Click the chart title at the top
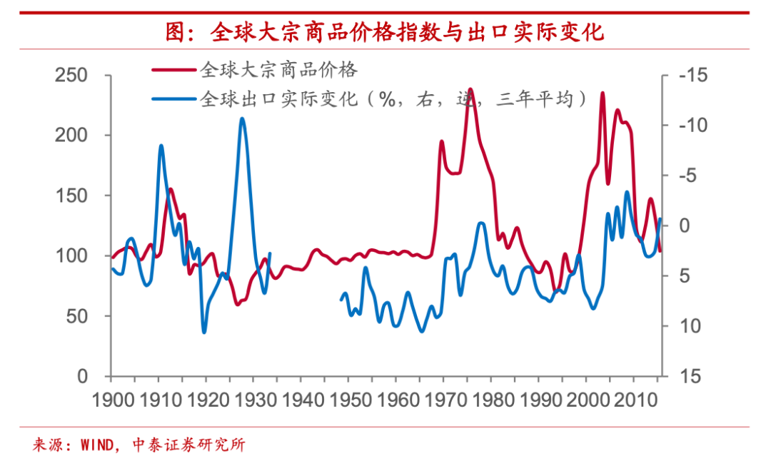(385, 32)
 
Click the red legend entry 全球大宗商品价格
(279, 70)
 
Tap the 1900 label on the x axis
(114, 400)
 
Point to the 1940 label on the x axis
(303, 400)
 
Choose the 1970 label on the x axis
(445, 400)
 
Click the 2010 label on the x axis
(634, 400)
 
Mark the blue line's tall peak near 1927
(242, 118)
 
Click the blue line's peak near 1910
(161, 146)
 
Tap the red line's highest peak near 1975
(470, 89)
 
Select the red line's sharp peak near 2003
(603, 93)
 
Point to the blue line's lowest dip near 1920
(204, 332)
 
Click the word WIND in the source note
(96, 446)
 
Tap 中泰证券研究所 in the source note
(189, 446)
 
